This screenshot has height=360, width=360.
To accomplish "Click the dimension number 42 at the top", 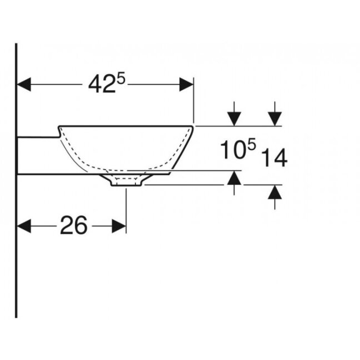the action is [x=102, y=84].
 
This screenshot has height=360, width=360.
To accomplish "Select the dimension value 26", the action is [x=74, y=225].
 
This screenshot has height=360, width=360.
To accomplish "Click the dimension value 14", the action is [x=274, y=158].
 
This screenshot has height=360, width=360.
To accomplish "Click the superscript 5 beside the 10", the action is [x=251, y=145].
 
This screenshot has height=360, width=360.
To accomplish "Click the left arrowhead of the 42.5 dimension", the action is [x=24, y=84].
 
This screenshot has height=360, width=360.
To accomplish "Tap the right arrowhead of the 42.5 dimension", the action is [x=187, y=84].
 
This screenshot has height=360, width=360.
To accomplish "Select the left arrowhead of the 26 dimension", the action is [x=24, y=226].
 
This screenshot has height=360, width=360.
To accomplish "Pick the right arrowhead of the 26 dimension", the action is [x=119, y=226].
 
